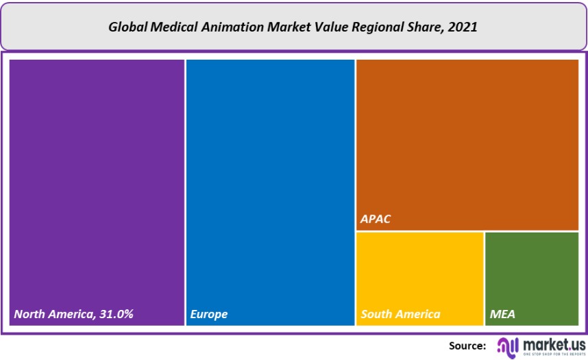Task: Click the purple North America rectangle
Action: point(97,178)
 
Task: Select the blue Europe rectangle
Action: point(270,178)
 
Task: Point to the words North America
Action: point(52,314)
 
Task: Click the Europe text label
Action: point(209,314)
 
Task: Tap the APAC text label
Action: point(376,220)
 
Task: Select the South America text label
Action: point(400,314)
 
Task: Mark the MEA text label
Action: point(502,314)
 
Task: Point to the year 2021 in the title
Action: point(464,28)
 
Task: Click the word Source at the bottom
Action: point(467,346)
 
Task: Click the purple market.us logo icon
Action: point(508,346)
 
